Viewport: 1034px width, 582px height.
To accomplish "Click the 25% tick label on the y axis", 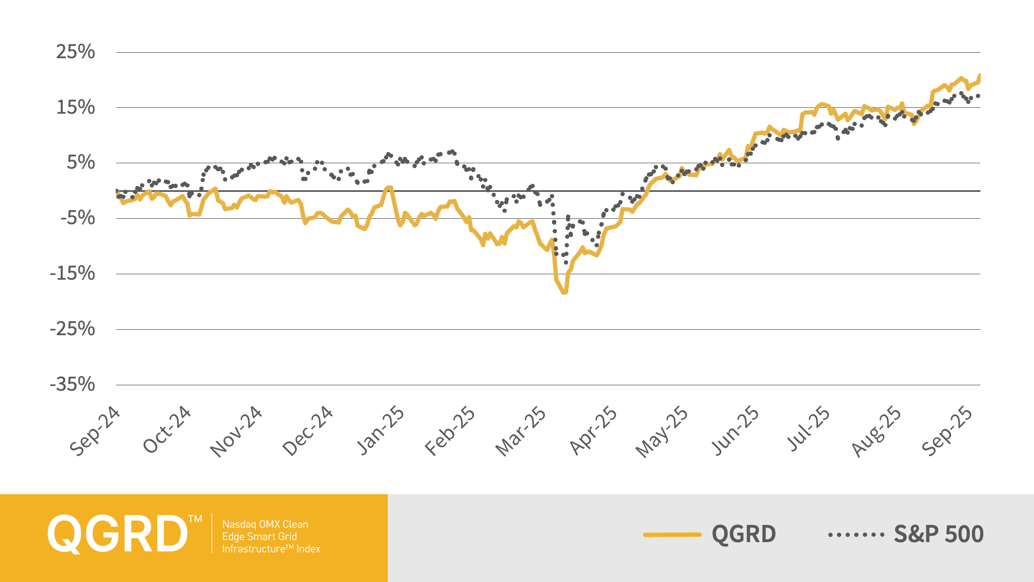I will click(75, 52).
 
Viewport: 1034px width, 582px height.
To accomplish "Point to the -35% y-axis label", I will click(72, 384).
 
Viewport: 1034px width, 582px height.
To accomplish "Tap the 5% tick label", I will click(81, 162).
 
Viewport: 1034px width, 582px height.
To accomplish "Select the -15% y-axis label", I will click(72, 273).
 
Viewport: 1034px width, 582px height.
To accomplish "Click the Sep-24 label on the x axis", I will click(95, 431).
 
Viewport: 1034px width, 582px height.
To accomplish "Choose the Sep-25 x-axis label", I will click(947, 431).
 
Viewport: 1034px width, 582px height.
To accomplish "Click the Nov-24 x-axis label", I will click(236, 431).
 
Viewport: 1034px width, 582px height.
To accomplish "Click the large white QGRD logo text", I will click(117, 534).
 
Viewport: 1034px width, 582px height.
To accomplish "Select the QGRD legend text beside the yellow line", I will click(744, 534).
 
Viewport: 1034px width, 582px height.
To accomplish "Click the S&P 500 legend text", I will click(939, 534).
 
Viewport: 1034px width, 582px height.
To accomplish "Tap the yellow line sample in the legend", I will click(672, 535).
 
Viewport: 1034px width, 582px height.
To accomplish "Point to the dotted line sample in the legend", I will click(856, 535).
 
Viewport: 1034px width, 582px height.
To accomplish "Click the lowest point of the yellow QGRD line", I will click(564, 292).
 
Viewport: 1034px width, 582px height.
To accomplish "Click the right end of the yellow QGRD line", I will click(980, 75).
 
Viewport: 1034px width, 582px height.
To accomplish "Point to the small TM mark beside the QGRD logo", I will click(195, 519).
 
